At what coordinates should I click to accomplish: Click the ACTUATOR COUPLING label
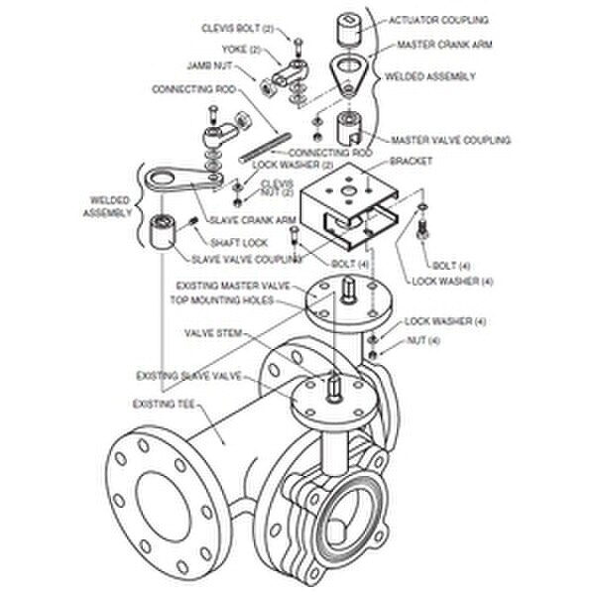coord(438,20)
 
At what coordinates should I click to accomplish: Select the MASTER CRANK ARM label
coord(444,45)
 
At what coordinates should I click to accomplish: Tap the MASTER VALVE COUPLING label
coord(451,140)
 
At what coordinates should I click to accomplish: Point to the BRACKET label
coord(411,162)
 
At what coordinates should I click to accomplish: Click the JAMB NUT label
coord(209,65)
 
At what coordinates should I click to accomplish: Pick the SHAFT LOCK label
coord(239,243)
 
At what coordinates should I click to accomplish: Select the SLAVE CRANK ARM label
coord(253,220)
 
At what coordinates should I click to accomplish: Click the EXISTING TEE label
coord(164,405)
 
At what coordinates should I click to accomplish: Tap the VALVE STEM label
coord(213,333)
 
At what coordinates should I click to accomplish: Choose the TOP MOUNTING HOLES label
coord(221,300)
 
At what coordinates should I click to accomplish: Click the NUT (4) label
coord(423,340)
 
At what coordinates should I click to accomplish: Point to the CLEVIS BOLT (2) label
coord(238,29)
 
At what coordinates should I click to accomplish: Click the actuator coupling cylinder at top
coord(348,29)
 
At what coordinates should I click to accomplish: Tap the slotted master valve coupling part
coord(349,129)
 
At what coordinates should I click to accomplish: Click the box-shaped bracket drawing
coord(349,205)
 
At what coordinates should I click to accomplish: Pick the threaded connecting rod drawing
coord(265,148)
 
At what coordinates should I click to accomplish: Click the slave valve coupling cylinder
coord(162,231)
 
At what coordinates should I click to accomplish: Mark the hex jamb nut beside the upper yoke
coord(266,87)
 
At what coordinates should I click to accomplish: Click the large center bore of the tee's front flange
coord(164,506)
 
